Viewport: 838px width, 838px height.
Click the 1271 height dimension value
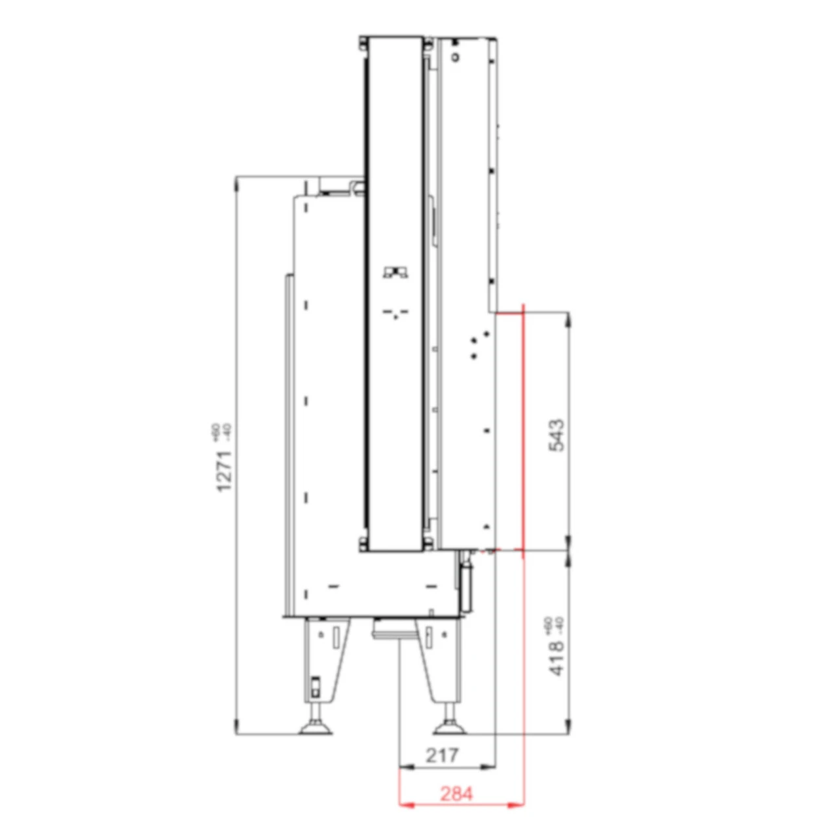point(225,471)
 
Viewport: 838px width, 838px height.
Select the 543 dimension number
point(556,435)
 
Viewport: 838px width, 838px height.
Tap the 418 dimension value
point(556,658)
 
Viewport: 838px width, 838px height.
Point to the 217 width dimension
point(443,755)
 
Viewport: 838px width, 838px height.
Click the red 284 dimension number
point(456,793)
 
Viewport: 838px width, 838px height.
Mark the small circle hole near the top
point(456,57)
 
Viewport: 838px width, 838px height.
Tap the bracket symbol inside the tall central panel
point(395,272)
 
